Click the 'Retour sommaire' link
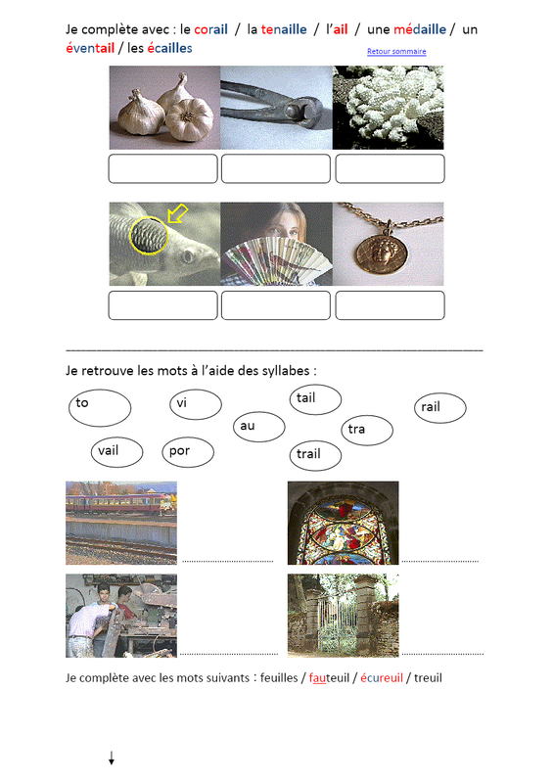pyautogui.click(x=396, y=52)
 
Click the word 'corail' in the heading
pyautogui.click(x=210, y=30)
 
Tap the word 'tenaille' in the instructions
pyautogui.click(x=284, y=30)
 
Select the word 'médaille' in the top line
pyautogui.click(x=420, y=29)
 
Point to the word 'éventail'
pyautogui.click(x=90, y=48)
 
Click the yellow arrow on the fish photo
pyautogui.click(x=177, y=213)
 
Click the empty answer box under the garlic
pyautogui.click(x=162, y=168)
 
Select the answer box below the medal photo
pyautogui.click(x=390, y=305)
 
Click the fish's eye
pyautogui.click(x=188, y=256)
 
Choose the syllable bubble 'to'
pyautogui.click(x=100, y=408)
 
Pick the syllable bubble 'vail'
pyautogui.click(x=116, y=452)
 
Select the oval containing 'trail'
pyautogui.click(x=316, y=455)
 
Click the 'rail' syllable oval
pyautogui.click(x=440, y=408)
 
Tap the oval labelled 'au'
pyautogui.click(x=259, y=427)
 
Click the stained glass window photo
pyautogui.click(x=344, y=523)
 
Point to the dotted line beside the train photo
pyautogui.click(x=228, y=561)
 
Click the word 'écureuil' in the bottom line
pyautogui.click(x=382, y=678)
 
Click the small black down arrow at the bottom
pyautogui.click(x=112, y=758)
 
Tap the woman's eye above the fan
pyautogui.click(x=278, y=233)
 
